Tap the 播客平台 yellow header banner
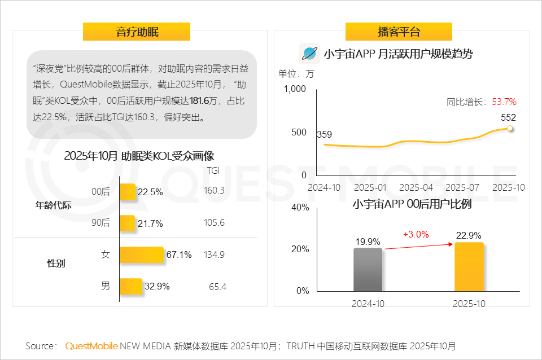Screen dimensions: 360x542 (x=399, y=32)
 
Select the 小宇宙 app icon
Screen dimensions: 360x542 (x=309, y=54)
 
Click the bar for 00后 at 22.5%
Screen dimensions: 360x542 (x=128, y=192)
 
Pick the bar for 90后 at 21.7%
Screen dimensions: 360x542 (x=128, y=223)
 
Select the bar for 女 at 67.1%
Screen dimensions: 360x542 (x=141, y=255)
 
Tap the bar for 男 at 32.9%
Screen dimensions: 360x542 (x=130, y=286)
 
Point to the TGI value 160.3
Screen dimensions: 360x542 (x=214, y=191)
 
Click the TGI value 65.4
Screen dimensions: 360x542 (x=217, y=287)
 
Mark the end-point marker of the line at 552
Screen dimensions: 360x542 (x=510, y=129)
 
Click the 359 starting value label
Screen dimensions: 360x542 (x=324, y=134)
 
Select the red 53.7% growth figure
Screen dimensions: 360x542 (x=504, y=102)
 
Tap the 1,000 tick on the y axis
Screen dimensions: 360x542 (x=295, y=89)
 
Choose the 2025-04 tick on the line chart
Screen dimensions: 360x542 (x=416, y=187)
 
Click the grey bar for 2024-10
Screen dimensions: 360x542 (x=368, y=270)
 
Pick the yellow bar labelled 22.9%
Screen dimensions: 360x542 (x=469, y=266)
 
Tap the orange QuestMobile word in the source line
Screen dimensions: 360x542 (x=91, y=346)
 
